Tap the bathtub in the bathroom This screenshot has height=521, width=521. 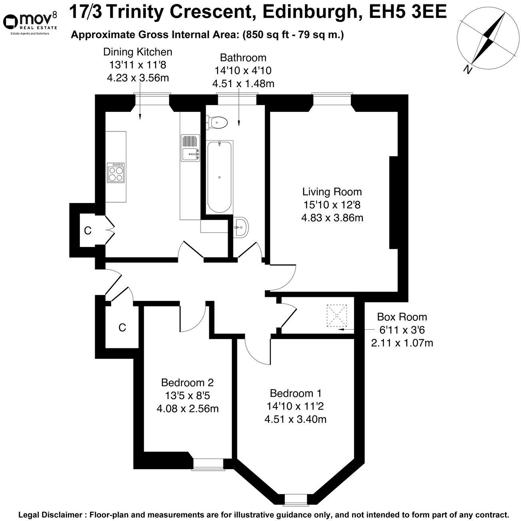(219, 177)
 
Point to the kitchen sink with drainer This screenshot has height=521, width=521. (191, 148)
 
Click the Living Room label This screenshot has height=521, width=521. (332, 192)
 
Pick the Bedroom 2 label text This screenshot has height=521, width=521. (187, 382)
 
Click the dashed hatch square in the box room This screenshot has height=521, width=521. (337, 315)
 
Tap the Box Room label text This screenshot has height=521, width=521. (402, 317)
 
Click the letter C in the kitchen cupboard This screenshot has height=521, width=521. (88, 231)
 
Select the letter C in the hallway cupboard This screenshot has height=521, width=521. (122, 328)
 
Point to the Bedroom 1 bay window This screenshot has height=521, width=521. (296, 498)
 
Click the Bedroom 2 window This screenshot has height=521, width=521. (208, 463)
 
